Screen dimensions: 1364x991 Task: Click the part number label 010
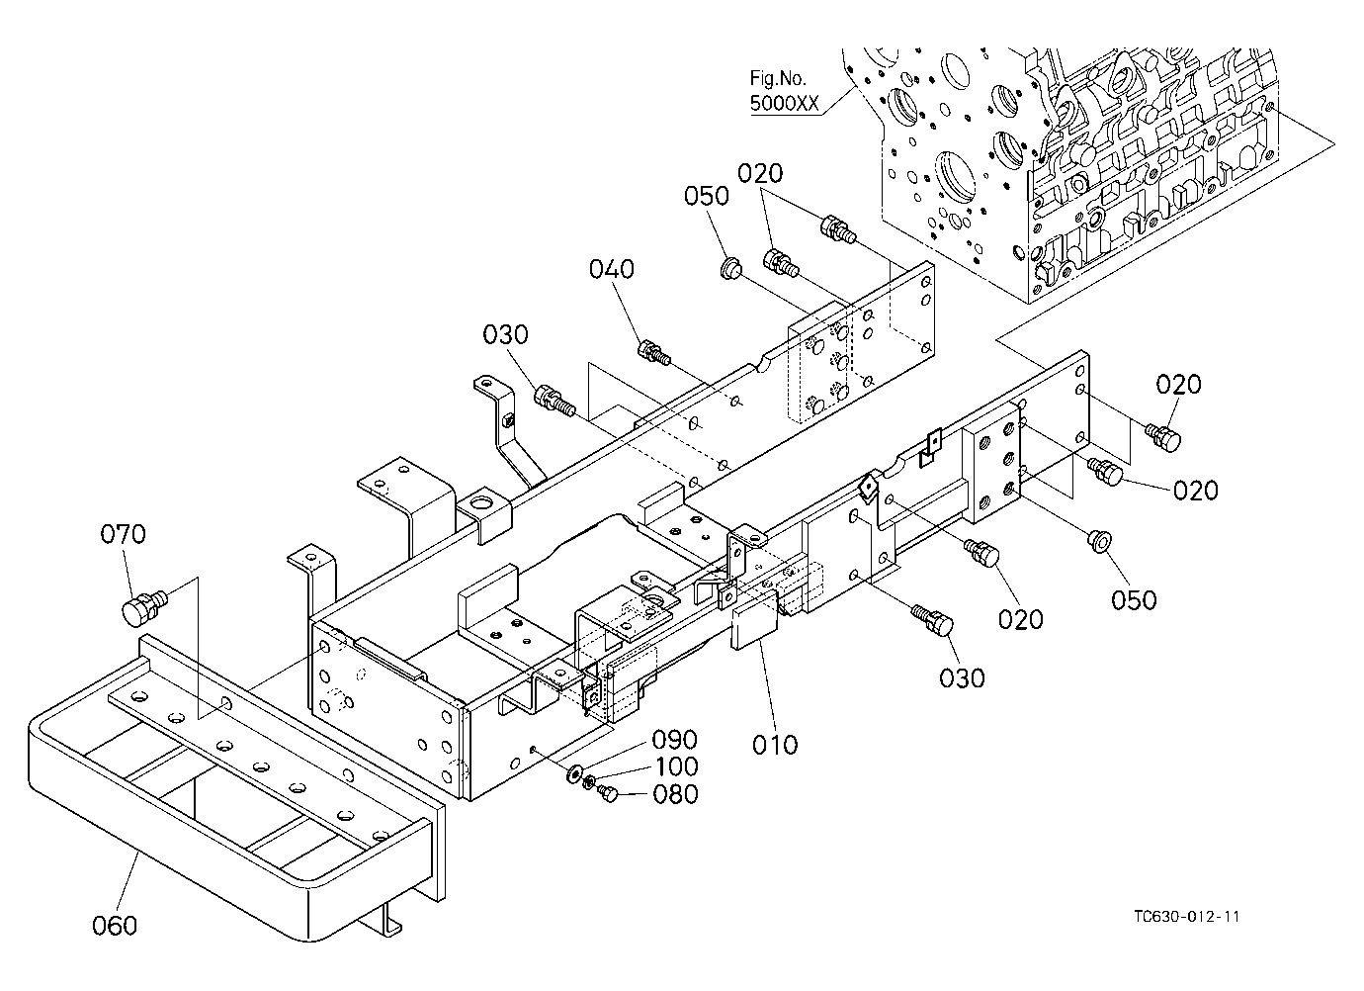click(x=775, y=744)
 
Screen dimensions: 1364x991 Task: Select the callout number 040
click(x=612, y=269)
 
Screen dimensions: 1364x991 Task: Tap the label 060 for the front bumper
click(x=115, y=925)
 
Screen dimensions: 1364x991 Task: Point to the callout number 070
click(x=123, y=534)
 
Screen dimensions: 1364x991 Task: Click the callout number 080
click(x=675, y=794)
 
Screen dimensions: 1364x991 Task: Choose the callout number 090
click(x=674, y=739)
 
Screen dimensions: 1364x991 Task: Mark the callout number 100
click(x=676, y=766)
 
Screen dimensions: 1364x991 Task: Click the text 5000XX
click(x=785, y=103)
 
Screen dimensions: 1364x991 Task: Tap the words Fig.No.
click(x=778, y=78)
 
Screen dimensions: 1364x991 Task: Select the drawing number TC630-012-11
click(x=1187, y=917)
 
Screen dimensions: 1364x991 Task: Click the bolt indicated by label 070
click(x=144, y=606)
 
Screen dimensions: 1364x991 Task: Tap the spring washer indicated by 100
click(x=589, y=781)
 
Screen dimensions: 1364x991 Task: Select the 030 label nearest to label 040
click(x=505, y=334)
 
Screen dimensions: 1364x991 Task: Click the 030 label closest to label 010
click(x=962, y=677)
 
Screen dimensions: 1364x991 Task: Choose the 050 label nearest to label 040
click(x=707, y=196)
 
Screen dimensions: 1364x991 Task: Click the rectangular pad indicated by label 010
click(x=755, y=620)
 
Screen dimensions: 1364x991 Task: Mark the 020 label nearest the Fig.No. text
click(x=760, y=174)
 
